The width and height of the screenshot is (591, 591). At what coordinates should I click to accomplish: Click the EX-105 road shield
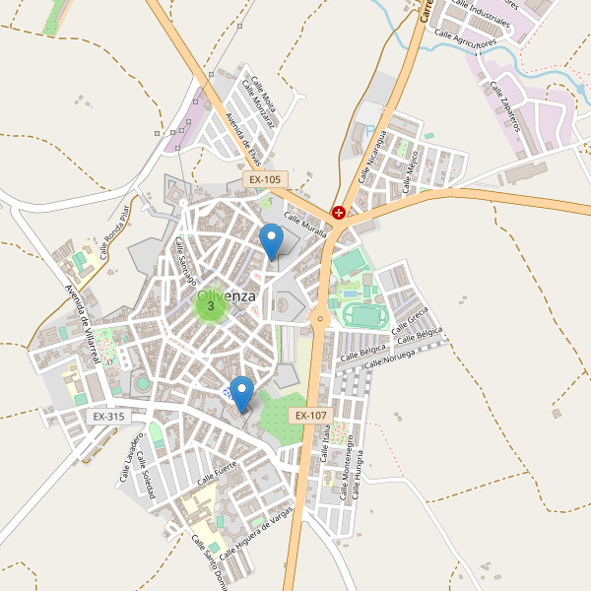(265, 180)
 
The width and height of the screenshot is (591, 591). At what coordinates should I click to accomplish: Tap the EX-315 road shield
(108, 417)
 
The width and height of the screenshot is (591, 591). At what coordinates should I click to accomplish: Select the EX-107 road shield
(309, 417)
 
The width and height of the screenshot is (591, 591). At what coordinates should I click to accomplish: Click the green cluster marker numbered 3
(211, 305)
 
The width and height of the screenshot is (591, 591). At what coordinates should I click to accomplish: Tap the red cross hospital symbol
(339, 212)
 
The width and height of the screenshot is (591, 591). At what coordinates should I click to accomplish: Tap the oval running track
(364, 315)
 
